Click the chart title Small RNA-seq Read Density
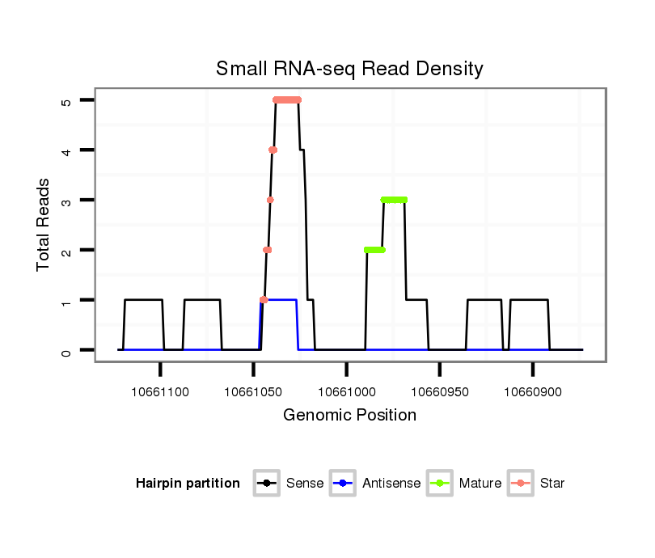[349, 69]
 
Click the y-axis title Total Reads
[44, 225]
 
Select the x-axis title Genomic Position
[349, 416]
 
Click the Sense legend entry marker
[266, 484]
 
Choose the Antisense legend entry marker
[343, 484]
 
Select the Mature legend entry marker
[440, 484]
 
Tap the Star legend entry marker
[520, 484]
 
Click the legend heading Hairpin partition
[188, 484]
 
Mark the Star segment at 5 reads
[287, 100]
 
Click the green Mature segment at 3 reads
[394, 200]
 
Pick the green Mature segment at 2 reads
[374, 250]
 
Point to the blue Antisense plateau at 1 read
[279, 300]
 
